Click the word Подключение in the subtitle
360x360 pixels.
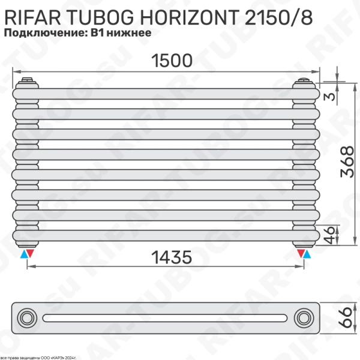(x=44, y=34)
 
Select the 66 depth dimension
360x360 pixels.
(x=344, y=316)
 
